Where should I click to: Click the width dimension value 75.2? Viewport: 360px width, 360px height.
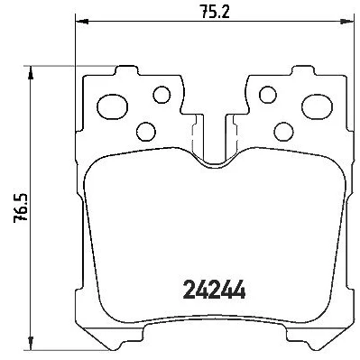point(215,12)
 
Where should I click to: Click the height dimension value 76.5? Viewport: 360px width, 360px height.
point(21,208)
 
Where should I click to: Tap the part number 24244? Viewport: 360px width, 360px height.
point(214,290)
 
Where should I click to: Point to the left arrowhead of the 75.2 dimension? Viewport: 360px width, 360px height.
point(81,22)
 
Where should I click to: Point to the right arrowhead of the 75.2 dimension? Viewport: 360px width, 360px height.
point(346,22)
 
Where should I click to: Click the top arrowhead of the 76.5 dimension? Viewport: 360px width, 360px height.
point(30,73)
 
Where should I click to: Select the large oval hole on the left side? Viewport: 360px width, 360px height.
point(113,106)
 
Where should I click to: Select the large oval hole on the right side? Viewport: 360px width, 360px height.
point(317,106)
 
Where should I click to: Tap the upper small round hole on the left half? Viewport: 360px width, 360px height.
point(162,95)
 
